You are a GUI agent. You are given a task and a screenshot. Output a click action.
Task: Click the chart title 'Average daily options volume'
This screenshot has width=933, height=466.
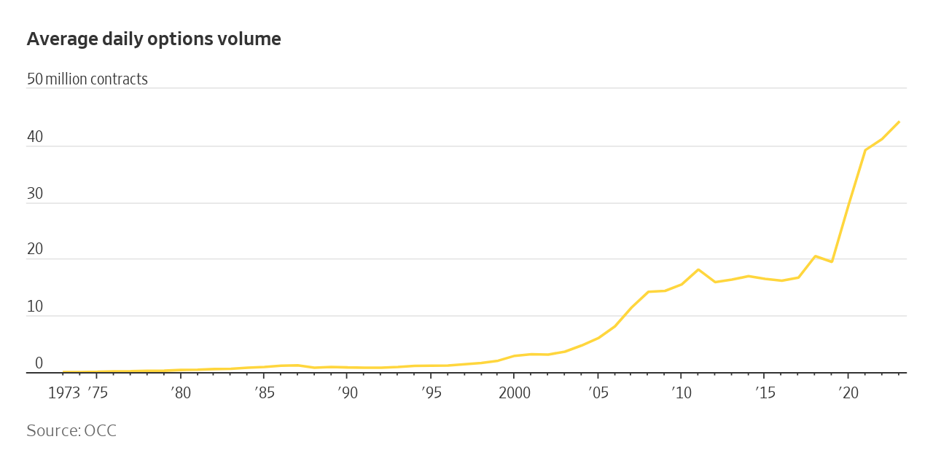coord(154,39)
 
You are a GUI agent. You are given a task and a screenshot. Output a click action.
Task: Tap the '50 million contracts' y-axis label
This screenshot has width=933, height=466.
coord(87,79)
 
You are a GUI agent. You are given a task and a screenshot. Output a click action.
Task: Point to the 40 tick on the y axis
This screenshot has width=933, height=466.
coord(35,137)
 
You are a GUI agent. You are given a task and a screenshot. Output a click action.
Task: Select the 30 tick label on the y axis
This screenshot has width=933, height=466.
coord(35,193)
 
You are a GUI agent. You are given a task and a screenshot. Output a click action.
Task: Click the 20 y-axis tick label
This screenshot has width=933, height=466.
coord(35,249)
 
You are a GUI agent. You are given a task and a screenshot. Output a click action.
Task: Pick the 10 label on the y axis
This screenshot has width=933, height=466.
coord(35,307)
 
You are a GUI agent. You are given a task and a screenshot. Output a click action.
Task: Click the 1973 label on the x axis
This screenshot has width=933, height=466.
coord(64,393)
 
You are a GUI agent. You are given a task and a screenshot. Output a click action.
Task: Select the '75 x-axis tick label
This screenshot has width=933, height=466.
coord(98,393)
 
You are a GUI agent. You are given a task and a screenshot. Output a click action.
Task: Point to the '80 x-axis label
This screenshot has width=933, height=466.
coord(181,393)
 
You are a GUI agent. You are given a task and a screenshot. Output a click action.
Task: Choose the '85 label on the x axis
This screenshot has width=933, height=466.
coord(265,393)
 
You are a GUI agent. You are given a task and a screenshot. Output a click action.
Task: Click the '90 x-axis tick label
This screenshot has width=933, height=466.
coord(348,393)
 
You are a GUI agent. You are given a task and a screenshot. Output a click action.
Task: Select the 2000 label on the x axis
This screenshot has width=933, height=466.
coord(515,393)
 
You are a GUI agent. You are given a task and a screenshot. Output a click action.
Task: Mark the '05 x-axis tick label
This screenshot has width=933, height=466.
coord(598,393)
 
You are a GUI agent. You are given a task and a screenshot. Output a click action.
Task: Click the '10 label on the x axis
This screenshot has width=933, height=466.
coord(682,393)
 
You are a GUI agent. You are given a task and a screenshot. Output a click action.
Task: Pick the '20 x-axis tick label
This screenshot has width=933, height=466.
coord(848,393)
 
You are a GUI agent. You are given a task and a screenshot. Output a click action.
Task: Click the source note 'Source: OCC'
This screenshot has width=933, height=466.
coord(71,430)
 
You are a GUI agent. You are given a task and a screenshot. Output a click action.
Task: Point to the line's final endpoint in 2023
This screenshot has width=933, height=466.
coord(899,122)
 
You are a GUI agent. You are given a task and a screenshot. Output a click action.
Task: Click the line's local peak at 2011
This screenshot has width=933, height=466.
coord(698,269)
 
